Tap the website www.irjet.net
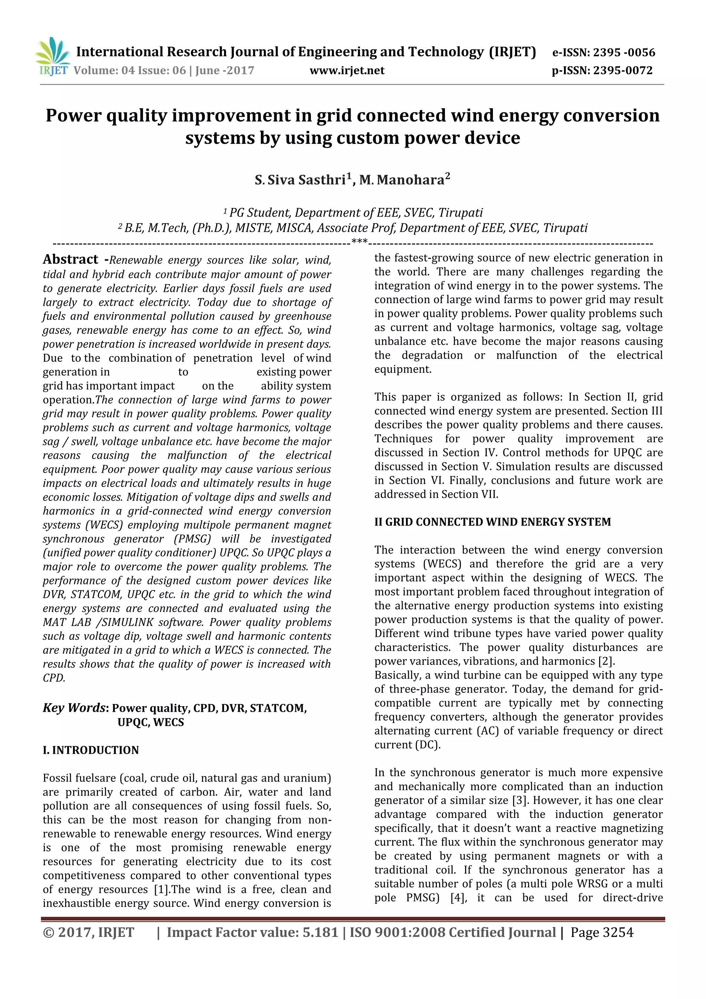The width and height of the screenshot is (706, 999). (347, 70)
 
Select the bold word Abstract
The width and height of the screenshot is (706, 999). (70, 259)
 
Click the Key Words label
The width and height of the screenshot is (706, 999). (74, 708)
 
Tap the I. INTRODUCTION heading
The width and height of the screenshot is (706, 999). (90, 750)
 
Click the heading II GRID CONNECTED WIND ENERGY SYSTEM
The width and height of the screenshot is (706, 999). (492, 522)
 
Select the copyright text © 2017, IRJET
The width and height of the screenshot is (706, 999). (88, 932)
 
